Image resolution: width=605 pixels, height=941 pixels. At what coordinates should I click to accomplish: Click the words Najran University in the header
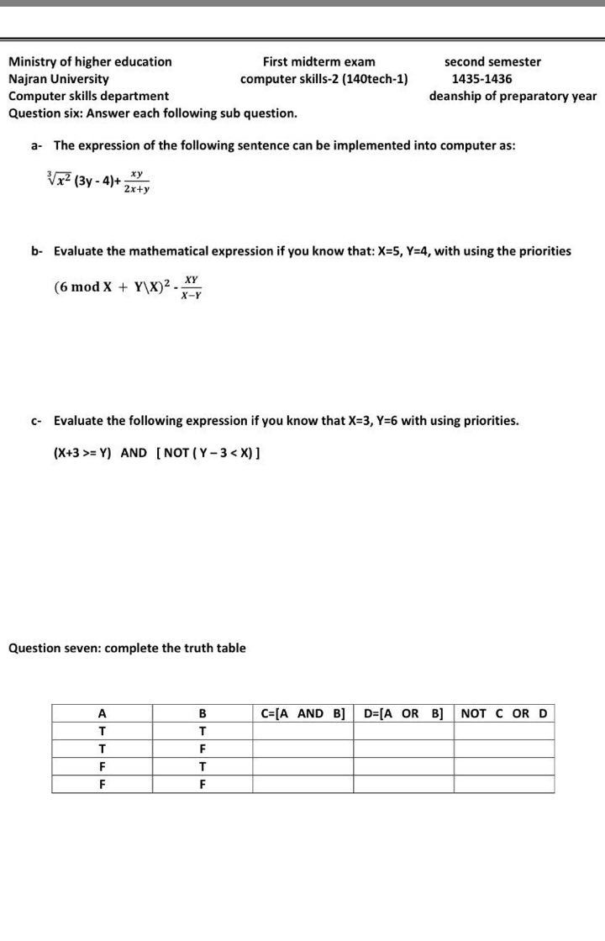click(x=58, y=79)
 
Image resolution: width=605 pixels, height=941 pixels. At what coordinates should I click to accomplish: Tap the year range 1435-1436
click(x=481, y=79)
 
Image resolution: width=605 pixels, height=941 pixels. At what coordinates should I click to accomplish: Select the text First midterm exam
click(x=318, y=61)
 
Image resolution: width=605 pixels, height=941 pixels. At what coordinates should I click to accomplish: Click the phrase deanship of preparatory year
click(x=513, y=96)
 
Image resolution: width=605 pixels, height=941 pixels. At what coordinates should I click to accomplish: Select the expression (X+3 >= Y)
click(x=82, y=453)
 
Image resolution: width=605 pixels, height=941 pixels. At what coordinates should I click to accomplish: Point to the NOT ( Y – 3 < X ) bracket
click(x=208, y=453)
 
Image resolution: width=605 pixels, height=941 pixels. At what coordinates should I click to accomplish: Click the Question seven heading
click(x=127, y=648)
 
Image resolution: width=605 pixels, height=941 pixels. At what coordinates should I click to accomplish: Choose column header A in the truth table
click(x=102, y=713)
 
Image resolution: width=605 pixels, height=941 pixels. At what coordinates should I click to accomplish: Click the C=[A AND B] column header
click(x=303, y=713)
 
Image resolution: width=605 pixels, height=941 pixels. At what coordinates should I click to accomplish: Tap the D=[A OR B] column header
click(x=403, y=713)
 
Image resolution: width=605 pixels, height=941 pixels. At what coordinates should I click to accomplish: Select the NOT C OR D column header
click(x=504, y=713)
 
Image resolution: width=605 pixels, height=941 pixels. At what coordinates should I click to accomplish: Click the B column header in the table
click(x=203, y=713)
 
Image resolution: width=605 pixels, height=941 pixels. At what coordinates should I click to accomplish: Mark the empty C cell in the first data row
click(x=303, y=731)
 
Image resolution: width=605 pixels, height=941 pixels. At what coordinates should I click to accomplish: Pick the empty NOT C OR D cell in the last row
click(x=504, y=784)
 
